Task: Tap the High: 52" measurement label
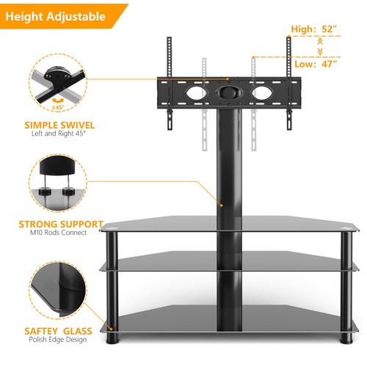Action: pyautogui.click(x=314, y=29)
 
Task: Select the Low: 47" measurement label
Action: pyautogui.click(x=315, y=64)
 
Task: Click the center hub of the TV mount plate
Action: pyautogui.click(x=227, y=94)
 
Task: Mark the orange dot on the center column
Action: pyautogui.click(x=222, y=205)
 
